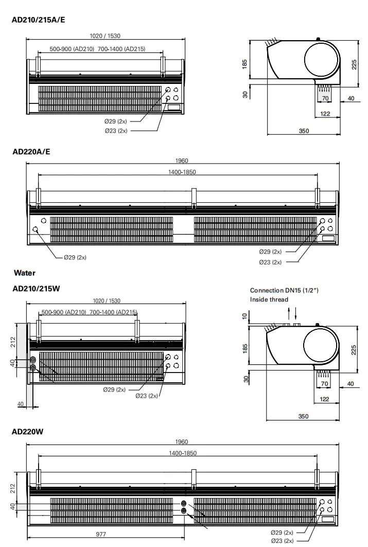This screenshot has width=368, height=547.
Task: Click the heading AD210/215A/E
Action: click(x=39, y=20)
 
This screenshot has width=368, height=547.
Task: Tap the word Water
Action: click(x=25, y=273)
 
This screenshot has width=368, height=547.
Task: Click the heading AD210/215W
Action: click(x=36, y=289)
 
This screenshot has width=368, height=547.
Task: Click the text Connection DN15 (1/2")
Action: click(x=284, y=291)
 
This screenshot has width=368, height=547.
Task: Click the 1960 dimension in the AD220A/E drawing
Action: click(x=182, y=161)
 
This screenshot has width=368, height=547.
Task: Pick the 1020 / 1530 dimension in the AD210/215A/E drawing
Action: click(x=105, y=36)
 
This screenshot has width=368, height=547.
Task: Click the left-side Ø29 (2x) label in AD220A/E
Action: click(x=75, y=257)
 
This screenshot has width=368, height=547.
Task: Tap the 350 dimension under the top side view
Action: click(x=304, y=131)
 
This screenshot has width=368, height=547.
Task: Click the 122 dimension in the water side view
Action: click(x=325, y=399)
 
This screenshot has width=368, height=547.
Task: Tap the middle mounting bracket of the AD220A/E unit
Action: click(x=194, y=198)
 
